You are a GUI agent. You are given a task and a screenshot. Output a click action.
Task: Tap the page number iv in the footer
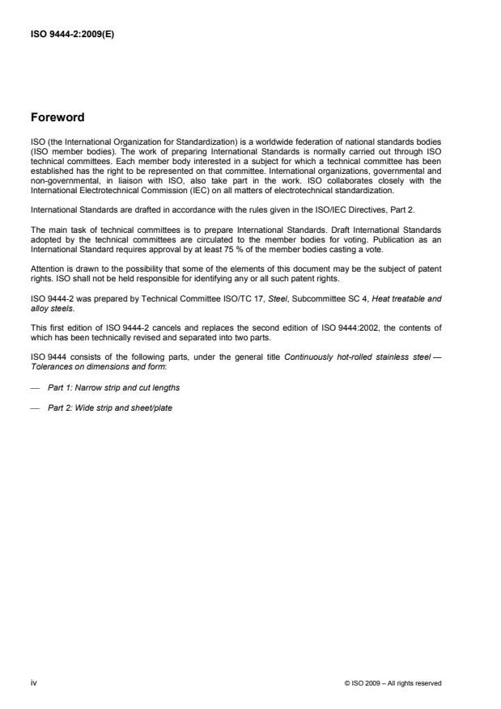(x=32, y=682)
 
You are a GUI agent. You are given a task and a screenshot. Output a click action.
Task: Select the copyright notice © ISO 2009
(x=393, y=683)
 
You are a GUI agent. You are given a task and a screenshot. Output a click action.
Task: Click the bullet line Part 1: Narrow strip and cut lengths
(x=113, y=388)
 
